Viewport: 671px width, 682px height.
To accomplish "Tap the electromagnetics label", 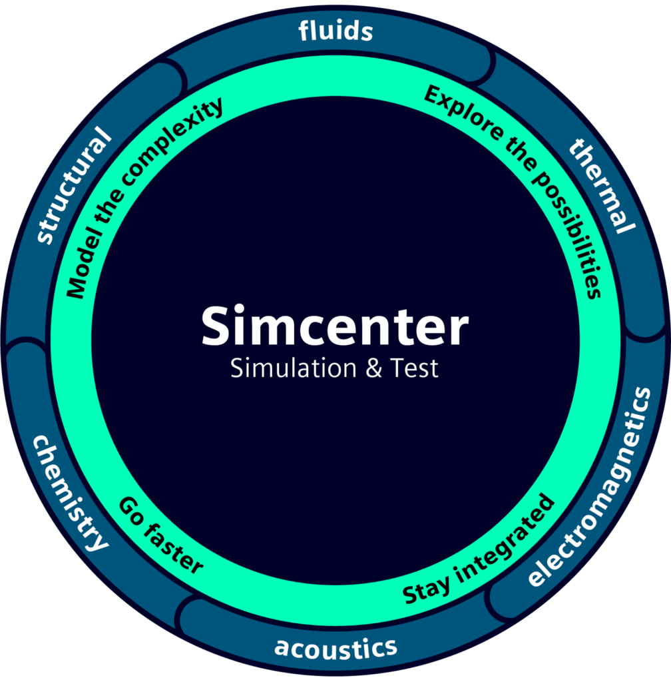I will [x=591, y=486].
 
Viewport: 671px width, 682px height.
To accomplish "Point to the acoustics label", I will [x=335, y=647].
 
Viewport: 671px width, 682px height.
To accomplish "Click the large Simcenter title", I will [x=335, y=326].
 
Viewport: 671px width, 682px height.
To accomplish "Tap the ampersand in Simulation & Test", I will [x=374, y=368].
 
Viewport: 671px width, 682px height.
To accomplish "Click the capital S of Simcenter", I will [x=216, y=326].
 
